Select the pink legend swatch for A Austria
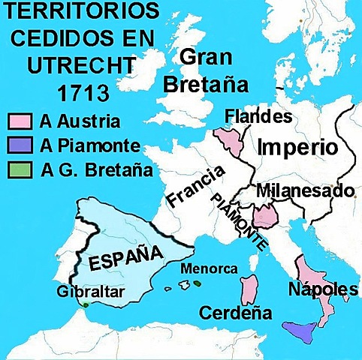point(19,121)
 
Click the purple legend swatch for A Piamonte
point(19,145)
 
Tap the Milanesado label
point(305,191)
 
